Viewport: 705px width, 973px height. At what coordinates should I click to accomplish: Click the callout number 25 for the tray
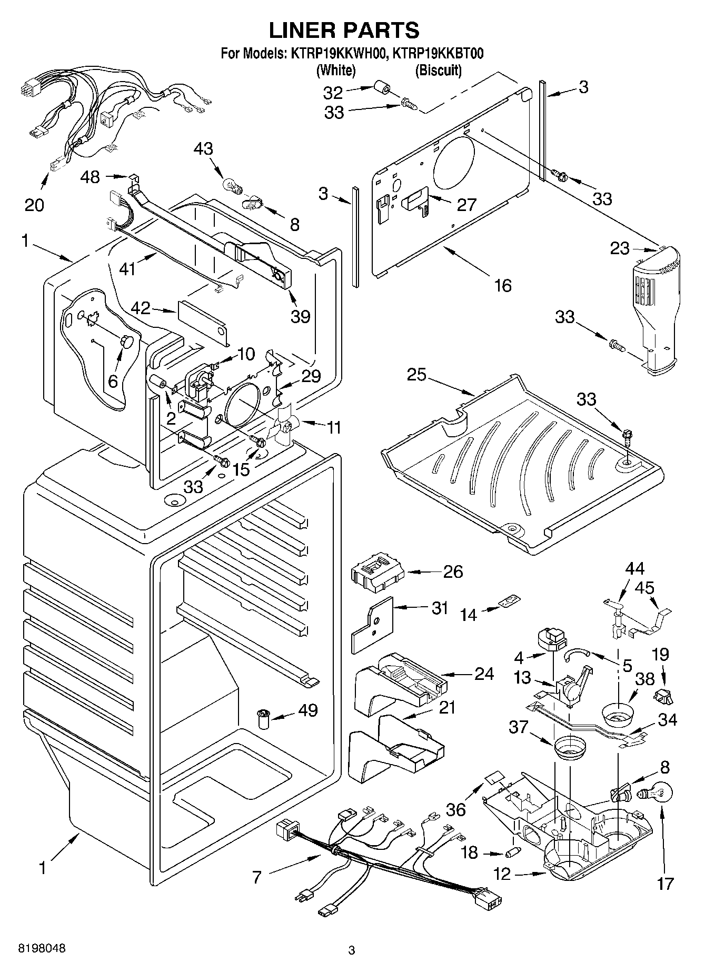(x=416, y=376)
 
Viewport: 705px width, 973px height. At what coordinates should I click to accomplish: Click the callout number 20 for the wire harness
(x=34, y=204)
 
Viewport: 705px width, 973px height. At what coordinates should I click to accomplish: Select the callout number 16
(x=503, y=285)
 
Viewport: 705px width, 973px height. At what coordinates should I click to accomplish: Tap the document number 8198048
(x=42, y=948)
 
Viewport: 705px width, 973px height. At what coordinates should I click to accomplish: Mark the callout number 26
(x=453, y=571)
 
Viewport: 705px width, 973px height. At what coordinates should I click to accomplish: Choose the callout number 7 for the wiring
(x=256, y=877)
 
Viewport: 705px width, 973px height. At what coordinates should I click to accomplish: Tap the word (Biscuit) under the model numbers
(x=438, y=70)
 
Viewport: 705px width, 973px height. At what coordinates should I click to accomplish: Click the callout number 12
(x=502, y=874)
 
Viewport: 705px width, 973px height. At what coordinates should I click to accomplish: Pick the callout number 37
(x=518, y=727)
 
